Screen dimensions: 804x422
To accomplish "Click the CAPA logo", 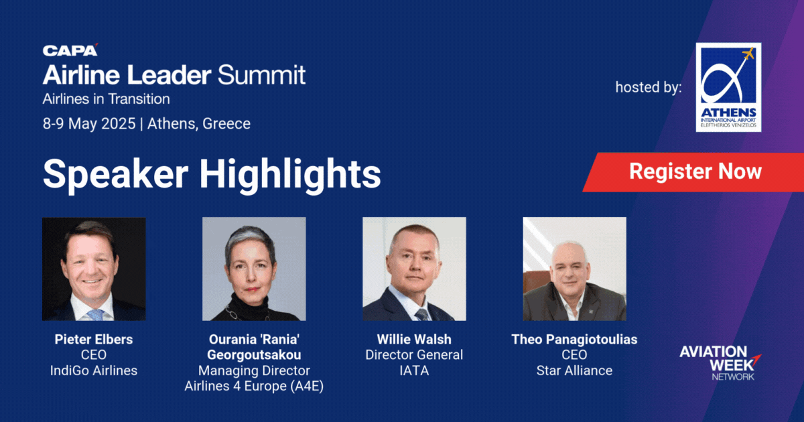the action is click(x=70, y=50).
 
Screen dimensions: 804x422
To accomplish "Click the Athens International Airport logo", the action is click(x=728, y=87).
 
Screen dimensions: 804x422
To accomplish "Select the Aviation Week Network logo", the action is click(x=720, y=363).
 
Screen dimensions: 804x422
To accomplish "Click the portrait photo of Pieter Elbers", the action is click(x=94, y=269).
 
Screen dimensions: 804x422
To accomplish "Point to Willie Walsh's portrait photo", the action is click(x=414, y=269).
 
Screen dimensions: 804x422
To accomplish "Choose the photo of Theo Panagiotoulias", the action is click(x=574, y=269).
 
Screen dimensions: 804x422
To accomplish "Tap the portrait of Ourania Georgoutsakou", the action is click(x=254, y=269).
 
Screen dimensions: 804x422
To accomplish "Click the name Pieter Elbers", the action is click(x=94, y=339).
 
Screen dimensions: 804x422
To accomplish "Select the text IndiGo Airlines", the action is click(x=94, y=370).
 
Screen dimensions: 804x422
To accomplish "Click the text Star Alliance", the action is click(x=574, y=370).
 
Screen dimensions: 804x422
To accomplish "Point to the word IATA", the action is click(x=414, y=370).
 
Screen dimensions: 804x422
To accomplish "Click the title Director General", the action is click(x=414, y=355).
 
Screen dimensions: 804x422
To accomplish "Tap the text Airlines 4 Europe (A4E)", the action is click(x=254, y=386).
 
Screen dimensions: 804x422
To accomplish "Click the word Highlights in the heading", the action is click(x=290, y=174).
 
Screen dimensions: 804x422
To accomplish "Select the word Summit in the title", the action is click(x=262, y=74).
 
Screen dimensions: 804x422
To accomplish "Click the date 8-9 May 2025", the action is click(x=89, y=124).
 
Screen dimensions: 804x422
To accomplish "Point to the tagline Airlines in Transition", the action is click(x=107, y=99).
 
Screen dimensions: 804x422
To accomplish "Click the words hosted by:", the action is click(x=649, y=87).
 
